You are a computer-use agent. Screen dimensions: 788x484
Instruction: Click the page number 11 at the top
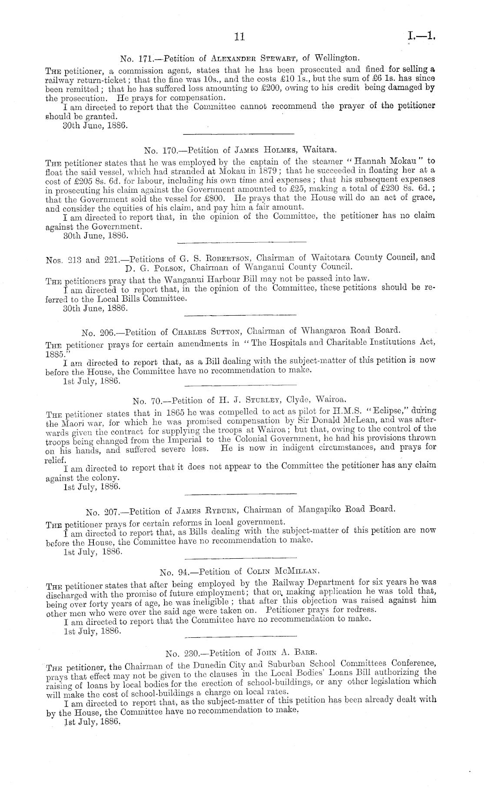[x=239, y=37]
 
